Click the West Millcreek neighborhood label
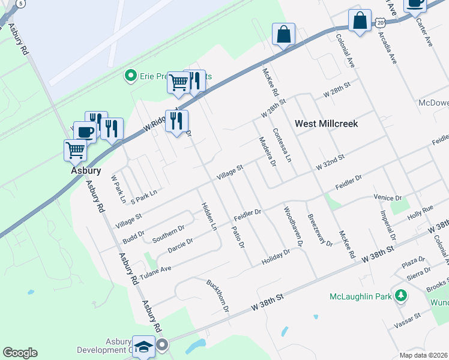tap(326, 124)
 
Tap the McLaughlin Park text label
tap(360, 296)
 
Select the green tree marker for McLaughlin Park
tap(400, 295)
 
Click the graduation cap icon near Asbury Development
tap(144, 346)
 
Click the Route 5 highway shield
tap(21, 4)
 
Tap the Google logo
tap(20, 353)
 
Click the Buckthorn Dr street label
tap(218, 296)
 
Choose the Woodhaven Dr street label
tap(292, 227)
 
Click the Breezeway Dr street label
tap(319, 230)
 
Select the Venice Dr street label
tap(387, 197)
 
